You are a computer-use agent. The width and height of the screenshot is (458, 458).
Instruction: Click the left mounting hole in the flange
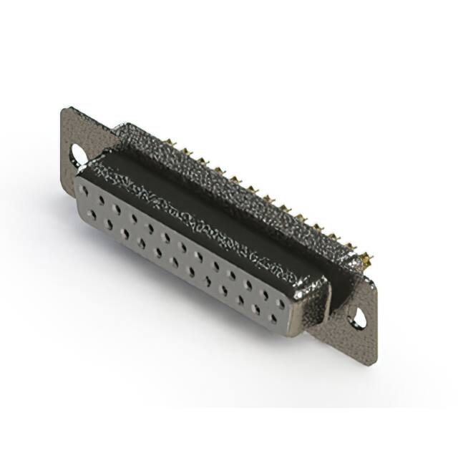click(77, 152)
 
